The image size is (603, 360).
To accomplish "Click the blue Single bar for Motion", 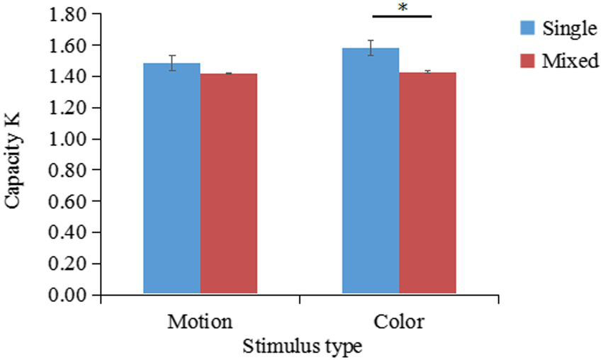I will [171, 177].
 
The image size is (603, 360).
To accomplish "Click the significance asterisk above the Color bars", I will [402, 8].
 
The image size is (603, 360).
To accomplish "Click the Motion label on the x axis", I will [200, 322].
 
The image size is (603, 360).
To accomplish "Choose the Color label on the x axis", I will [398, 322].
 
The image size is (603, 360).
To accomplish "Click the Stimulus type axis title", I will [303, 347].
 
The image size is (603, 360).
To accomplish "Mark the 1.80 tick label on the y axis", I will [67, 14].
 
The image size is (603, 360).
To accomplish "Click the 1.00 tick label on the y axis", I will [67, 139].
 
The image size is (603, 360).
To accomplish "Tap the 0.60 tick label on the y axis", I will [67, 201].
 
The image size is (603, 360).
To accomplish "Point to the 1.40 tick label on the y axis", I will [67, 77].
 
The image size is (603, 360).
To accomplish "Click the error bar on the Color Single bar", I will [370, 48].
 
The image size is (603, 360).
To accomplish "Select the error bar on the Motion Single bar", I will [171, 63].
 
